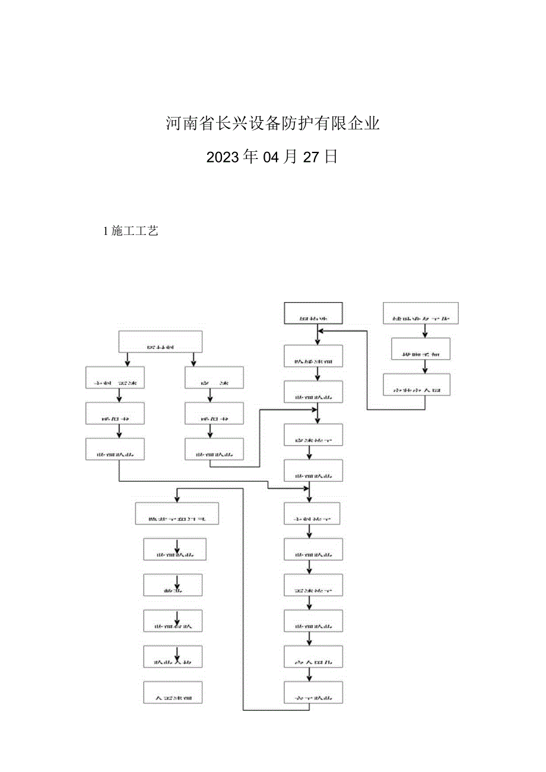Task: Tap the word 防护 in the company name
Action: click(303, 124)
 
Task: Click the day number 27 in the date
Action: click(312, 157)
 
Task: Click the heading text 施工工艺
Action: click(134, 231)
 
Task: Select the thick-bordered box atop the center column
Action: click(314, 313)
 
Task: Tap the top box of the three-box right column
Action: click(421, 313)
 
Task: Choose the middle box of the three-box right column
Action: click(421, 350)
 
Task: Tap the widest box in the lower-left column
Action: click(177, 513)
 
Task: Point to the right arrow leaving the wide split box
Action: click(193, 360)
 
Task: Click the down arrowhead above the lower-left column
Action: click(177, 497)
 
